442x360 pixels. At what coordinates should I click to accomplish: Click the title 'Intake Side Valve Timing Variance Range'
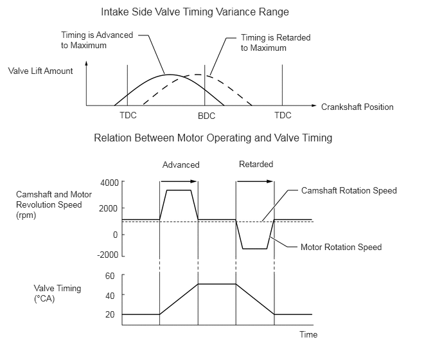195,12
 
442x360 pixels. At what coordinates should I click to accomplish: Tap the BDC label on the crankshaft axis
206,116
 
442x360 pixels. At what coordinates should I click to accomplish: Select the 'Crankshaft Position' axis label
357,107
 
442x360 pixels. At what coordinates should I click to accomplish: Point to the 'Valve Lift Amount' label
40,71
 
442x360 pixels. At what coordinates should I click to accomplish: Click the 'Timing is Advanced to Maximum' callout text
97,40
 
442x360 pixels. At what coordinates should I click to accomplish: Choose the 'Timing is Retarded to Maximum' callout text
276,42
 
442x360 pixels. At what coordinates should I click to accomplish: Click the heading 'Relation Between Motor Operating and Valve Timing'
213,138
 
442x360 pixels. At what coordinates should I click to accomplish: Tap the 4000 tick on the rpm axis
109,183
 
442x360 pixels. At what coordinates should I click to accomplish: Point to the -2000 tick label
108,255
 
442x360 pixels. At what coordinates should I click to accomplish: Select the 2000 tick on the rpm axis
108,208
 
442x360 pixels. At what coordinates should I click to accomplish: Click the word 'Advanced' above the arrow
181,165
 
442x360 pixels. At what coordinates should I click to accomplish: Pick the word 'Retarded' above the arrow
256,164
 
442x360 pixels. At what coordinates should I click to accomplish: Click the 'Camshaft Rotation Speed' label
349,191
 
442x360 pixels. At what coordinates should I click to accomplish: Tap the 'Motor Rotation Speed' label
341,247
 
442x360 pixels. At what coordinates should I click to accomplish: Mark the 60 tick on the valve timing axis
110,276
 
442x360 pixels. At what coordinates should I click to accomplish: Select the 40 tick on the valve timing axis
110,295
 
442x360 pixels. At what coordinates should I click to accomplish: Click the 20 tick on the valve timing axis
110,314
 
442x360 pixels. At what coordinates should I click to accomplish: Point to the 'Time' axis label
308,335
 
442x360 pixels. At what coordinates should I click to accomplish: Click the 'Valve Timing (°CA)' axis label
58,293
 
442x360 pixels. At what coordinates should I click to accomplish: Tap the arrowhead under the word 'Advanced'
193,181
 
